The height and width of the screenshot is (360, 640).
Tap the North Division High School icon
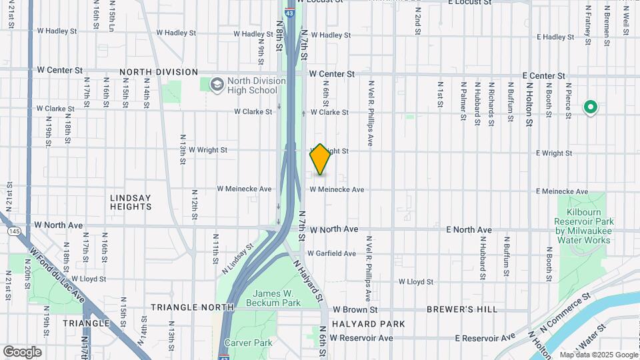pyautogui.click(x=217, y=85)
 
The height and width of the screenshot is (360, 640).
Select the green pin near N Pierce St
pyautogui.click(x=590, y=107)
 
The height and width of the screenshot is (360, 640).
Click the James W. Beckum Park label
pyautogui.click(x=275, y=299)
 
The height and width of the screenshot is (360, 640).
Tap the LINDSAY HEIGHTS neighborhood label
pyautogui.click(x=131, y=202)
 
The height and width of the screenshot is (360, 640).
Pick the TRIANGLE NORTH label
pyautogui.click(x=192, y=307)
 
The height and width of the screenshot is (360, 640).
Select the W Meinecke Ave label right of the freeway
pyautogui.click(x=336, y=190)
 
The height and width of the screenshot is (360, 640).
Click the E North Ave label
pyautogui.click(x=469, y=230)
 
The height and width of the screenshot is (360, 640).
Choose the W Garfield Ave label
pyautogui.click(x=332, y=253)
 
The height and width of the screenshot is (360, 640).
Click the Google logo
pyautogui.click(x=22, y=352)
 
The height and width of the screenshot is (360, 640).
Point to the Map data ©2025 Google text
pyautogui.click(x=598, y=355)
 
